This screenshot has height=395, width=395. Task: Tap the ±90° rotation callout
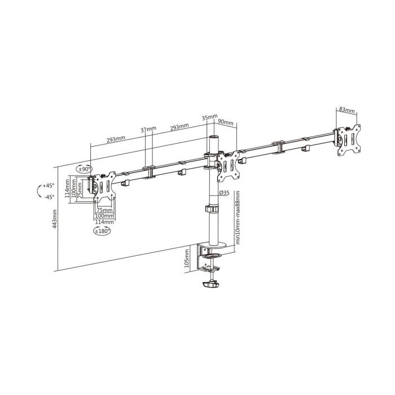(85, 169)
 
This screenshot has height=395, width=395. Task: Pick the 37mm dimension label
(148, 130)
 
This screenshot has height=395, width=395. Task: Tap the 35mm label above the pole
(209, 117)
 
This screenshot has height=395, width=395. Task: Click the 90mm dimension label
(226, 122)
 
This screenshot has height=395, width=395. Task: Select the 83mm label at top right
(347, 111)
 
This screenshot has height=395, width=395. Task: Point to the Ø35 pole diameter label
(223, 193)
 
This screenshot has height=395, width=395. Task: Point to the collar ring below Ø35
(212, 209)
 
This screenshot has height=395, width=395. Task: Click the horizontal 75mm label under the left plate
(104, 210)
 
